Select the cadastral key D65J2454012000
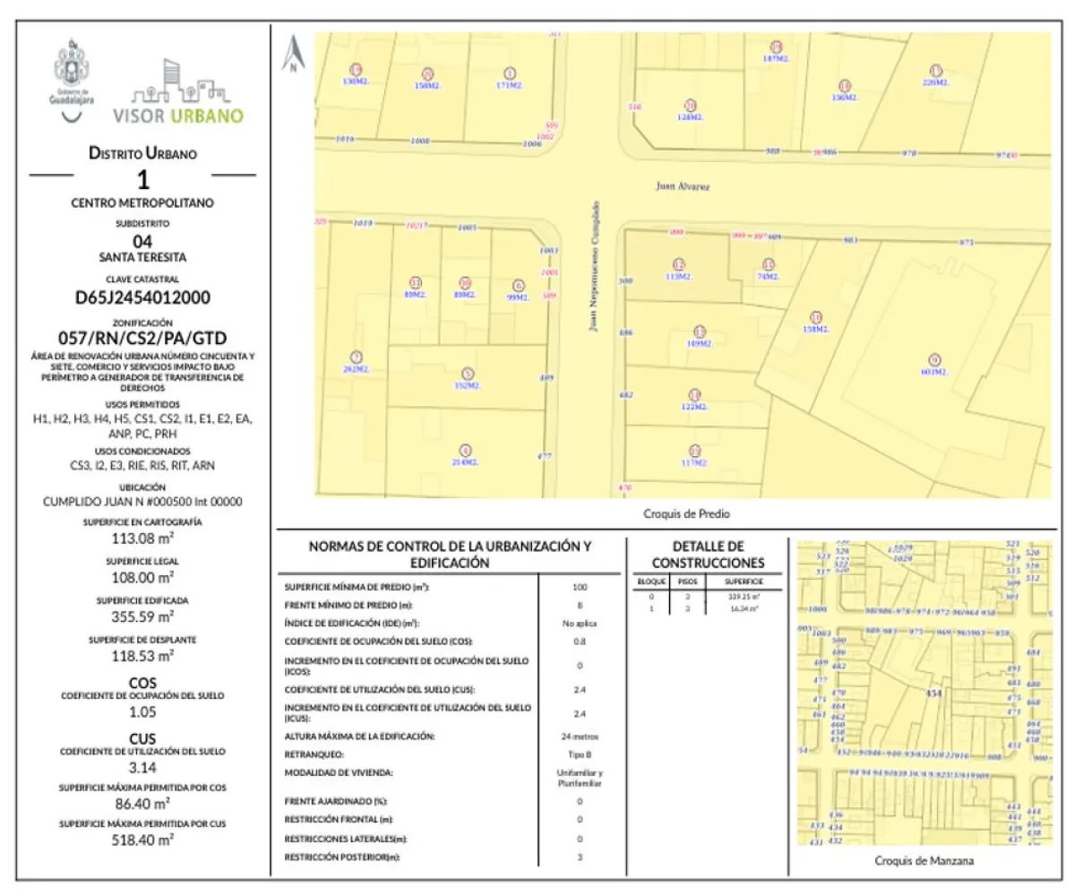pos(142,297)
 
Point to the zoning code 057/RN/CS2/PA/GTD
pos(142,338)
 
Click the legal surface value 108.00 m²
pos(142,578)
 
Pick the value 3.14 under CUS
pos(142,768)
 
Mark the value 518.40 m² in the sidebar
pos(142,840)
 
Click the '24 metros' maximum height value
pos(579,737)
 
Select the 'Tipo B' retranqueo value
pos(579,754)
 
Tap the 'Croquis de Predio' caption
pos(680,514)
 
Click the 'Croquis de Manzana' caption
pos(924,861)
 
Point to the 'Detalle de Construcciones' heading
pos(708,555)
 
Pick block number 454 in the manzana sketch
pos(935,694)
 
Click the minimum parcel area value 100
pos(579,587)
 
